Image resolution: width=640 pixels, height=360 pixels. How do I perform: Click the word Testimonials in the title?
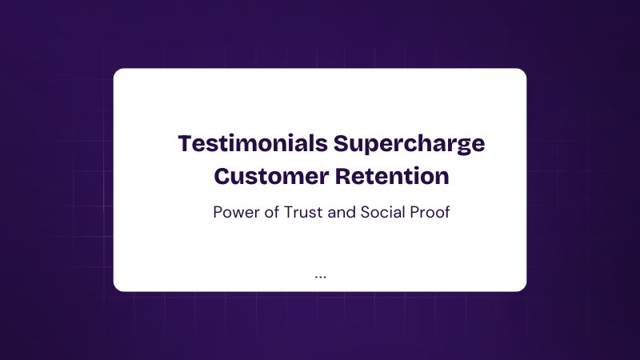click(x=253, y=143)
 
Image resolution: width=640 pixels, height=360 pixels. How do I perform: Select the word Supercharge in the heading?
click(x=410, y=145)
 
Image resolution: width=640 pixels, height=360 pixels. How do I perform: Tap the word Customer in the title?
click(x=271, y=176)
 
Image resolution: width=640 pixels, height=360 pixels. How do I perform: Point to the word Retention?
click(x=392, y=176)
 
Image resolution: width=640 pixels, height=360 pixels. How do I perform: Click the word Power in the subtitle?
click(x=236, y=212)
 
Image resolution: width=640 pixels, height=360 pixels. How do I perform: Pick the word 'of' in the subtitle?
click(x=271, y=212)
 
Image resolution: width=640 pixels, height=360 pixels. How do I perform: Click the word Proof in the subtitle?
click(x=430, y=212)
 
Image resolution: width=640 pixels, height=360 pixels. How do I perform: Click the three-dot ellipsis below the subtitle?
click(x=321, y=277)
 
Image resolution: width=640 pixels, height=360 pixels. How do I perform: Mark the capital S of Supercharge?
click(x=342, y=143)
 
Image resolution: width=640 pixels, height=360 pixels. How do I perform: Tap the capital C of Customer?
click(x=222, y=176)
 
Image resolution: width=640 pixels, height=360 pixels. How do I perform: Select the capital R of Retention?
click(x=344, y=176)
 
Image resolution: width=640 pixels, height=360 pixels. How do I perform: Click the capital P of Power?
click(x=218, y=212)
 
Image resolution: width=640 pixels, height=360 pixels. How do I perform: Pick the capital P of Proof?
click(x=414, y=212)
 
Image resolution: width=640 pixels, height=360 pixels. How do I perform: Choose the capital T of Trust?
click(x=289, y=212)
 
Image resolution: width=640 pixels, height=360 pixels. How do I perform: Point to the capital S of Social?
click(x=366, y=212)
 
